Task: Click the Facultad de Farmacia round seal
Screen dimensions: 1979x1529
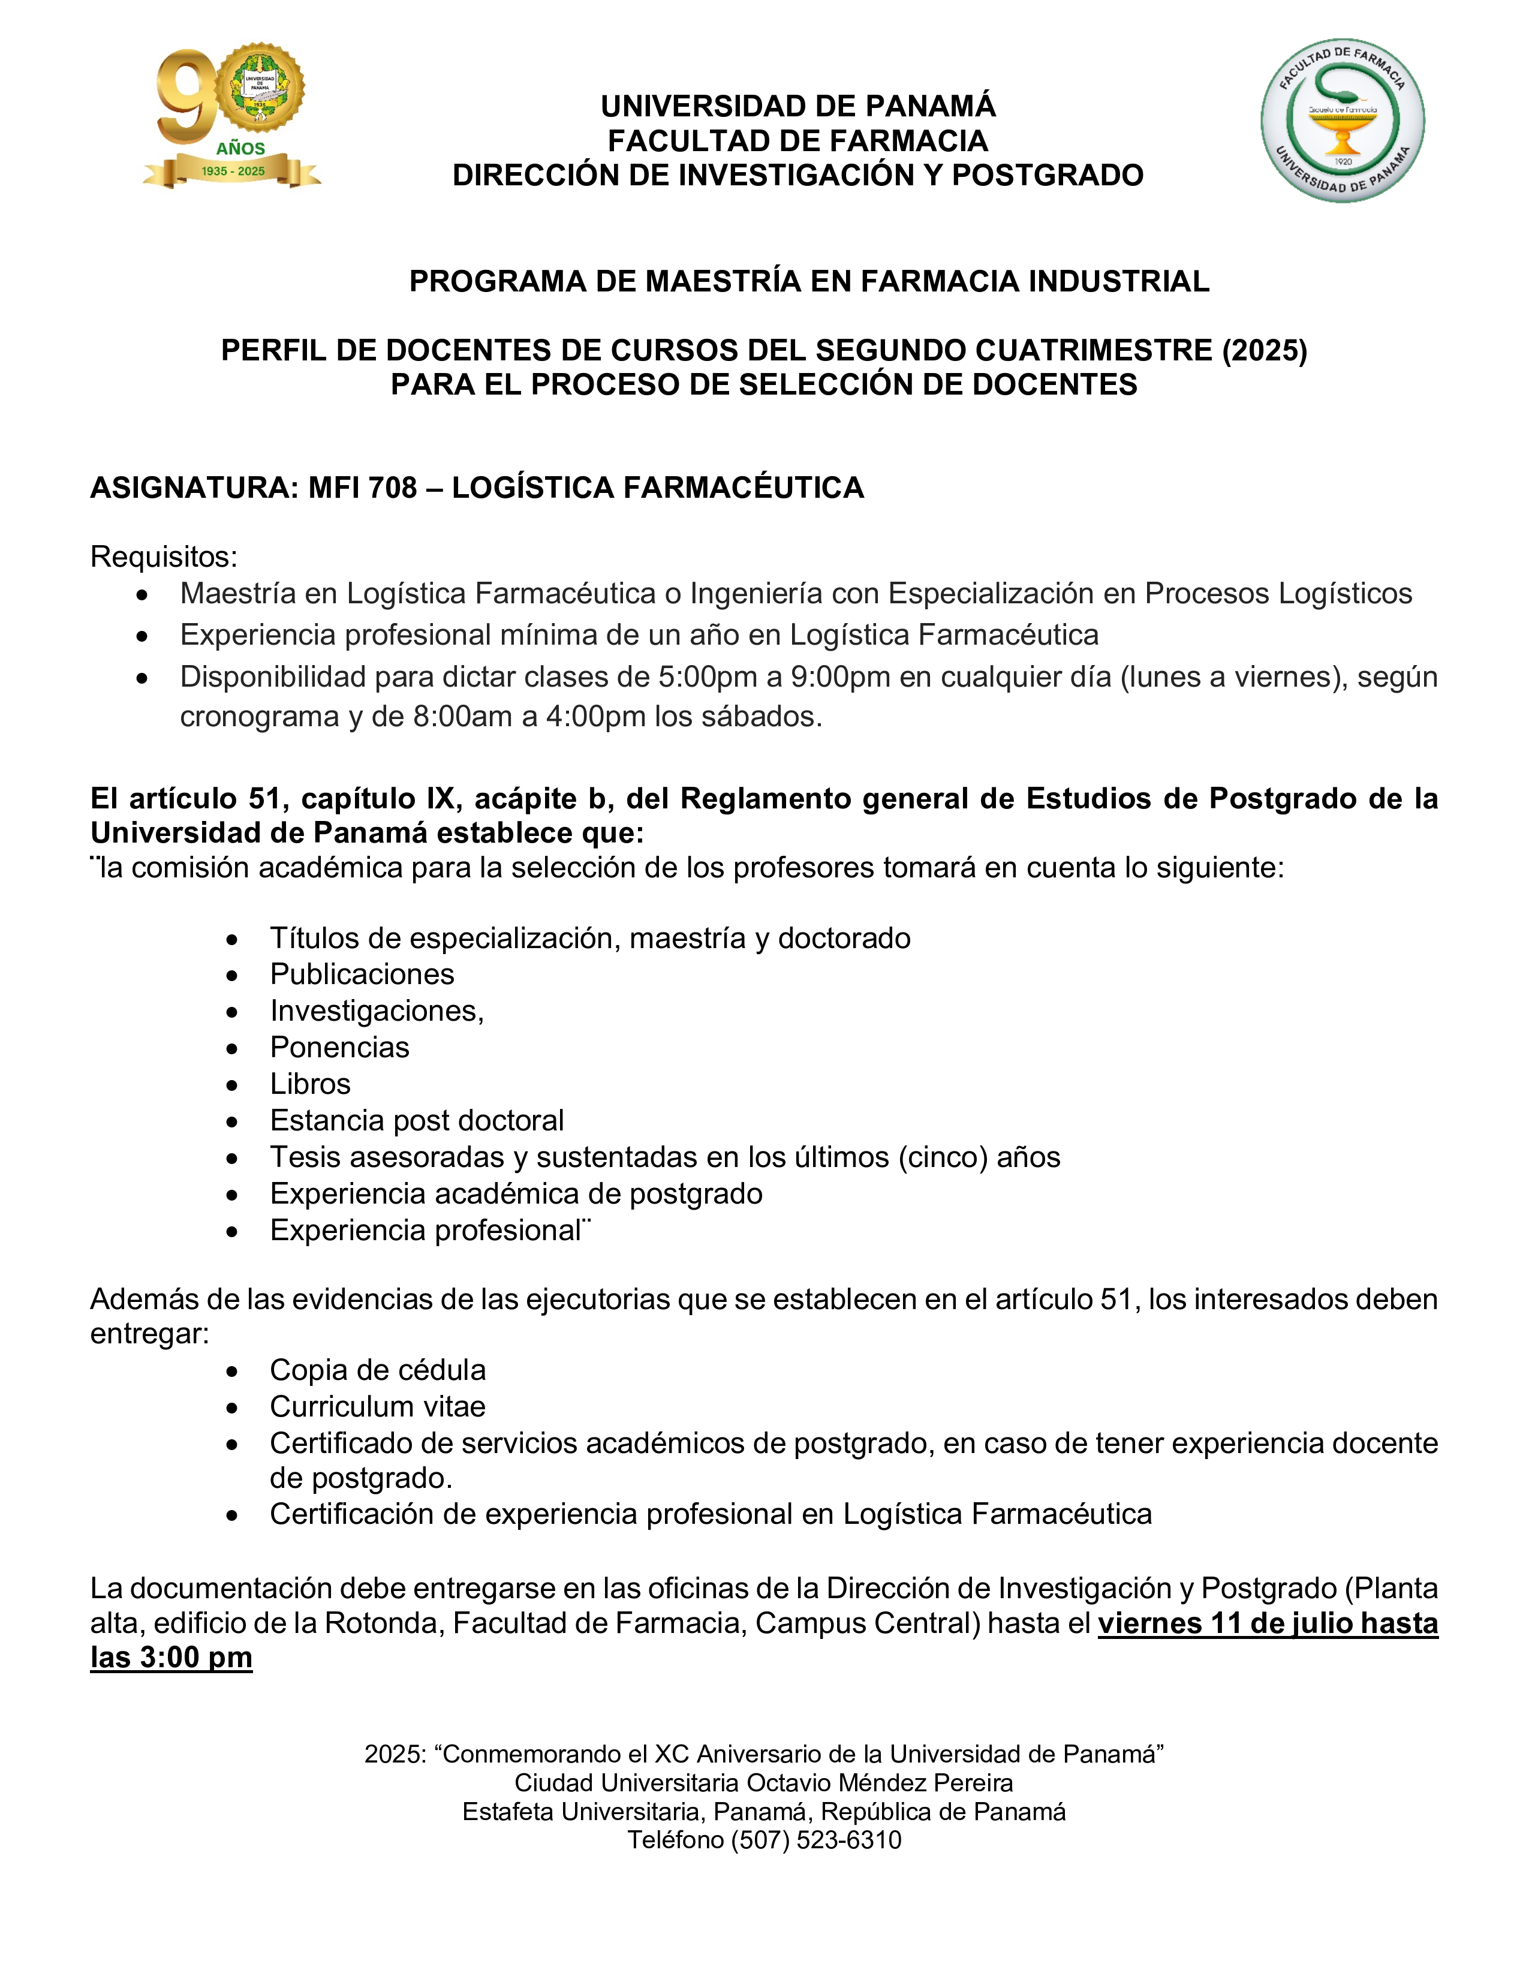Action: click(x=1343, y=119)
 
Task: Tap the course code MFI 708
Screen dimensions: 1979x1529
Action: click(x=362, y=488)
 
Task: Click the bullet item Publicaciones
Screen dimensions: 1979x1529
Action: click(x=362, y=974)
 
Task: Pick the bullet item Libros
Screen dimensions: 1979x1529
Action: click(x=310, y=1084)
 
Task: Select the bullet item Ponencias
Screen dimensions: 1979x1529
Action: click(x=339, y=1048)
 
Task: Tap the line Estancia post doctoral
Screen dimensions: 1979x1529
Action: click(x=417, y=1121)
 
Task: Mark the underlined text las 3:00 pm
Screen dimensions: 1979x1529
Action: click(x=171, y=1658)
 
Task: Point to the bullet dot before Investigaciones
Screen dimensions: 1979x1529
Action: click(x=233, y=1012)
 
